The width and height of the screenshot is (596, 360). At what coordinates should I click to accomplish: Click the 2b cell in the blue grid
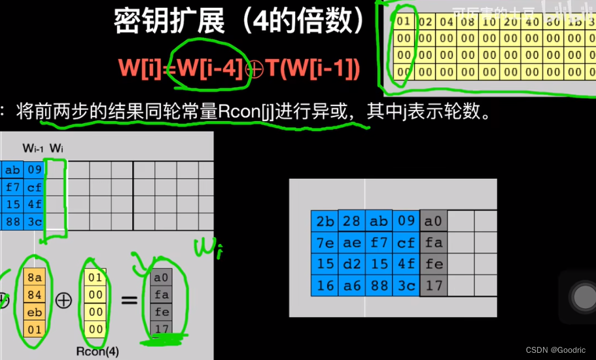(325, 221)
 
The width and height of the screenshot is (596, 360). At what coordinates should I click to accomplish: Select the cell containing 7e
(325, 243)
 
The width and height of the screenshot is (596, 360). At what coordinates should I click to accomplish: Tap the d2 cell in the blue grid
(352, 264)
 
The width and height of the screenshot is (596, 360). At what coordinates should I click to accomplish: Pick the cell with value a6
(352, 286)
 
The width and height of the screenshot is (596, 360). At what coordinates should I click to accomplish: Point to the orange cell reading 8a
(35, 278)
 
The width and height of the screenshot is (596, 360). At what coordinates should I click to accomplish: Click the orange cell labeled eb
(35, 312)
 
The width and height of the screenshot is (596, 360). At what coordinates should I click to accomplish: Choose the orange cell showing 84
(35, 295)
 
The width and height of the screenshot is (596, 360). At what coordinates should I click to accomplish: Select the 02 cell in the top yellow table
(426, 22)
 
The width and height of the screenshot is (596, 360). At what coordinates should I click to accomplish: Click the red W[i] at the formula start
(140, 68)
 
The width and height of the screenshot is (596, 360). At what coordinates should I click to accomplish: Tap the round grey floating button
(582, 298)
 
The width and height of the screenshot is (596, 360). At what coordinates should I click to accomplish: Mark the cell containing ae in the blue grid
(352, 243)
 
